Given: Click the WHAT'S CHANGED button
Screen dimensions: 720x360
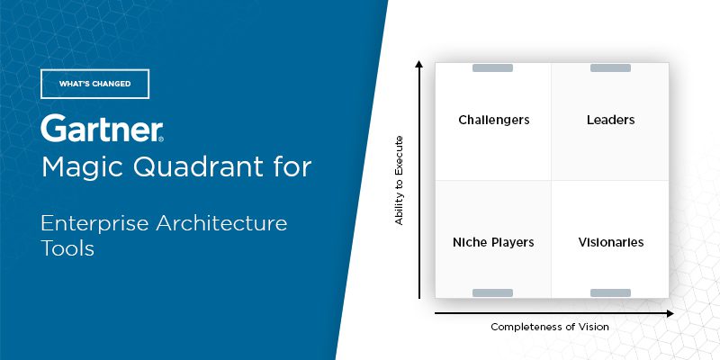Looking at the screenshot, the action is pos(94,84).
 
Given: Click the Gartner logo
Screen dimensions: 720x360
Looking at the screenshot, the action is pos(102,129).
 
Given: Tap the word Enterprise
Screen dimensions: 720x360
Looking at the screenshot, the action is pos(94,223).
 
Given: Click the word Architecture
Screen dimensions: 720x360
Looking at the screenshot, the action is pos(221,223).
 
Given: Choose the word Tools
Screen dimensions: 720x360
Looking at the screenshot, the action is pos(67,248).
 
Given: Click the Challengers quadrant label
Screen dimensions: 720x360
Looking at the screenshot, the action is pos(493,121).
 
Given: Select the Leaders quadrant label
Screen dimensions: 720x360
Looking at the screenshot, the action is pos(611,120).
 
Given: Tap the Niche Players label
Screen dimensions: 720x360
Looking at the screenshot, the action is pos(493,242).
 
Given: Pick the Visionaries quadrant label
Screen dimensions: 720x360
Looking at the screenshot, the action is pos(611,242).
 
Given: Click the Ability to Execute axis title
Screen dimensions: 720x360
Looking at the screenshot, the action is pos(399,180).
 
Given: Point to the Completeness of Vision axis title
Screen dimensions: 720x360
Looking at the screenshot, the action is pos(550,327).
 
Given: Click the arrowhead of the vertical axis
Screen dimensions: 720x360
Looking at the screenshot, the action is pos(418,63).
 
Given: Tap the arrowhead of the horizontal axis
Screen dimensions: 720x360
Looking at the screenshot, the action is pos(670,313).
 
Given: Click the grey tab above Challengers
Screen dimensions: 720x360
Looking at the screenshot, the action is pos(492,68).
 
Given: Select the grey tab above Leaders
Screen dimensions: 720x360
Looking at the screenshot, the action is pos(610,68).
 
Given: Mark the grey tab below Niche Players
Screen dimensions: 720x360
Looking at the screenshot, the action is pos(492,293).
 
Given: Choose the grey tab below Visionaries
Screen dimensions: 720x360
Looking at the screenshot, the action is pos(610,293).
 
